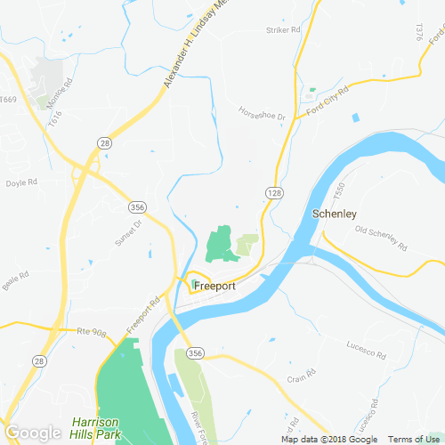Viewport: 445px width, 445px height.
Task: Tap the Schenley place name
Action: tap(335, 214)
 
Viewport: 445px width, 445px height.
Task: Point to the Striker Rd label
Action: tap(284, 30)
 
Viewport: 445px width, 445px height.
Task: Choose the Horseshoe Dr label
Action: tap(261, 113)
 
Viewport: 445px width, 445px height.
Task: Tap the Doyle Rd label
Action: tap(20, 182)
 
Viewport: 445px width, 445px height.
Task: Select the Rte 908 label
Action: tap(91, 333)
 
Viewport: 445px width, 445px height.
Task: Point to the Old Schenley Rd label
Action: tap(380, 238)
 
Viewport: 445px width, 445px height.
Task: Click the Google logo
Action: tap(33, 433)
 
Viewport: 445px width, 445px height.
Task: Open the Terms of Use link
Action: tap(411, 440)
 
